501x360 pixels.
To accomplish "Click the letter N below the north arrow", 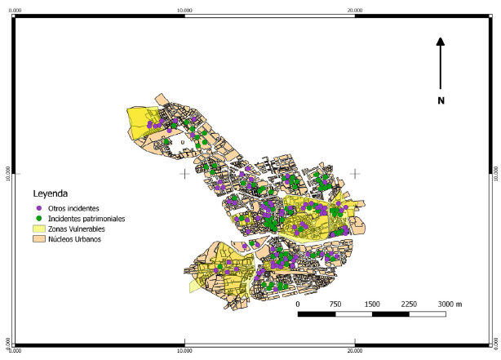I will click(441, 100).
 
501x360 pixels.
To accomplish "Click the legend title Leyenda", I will click(51, 194).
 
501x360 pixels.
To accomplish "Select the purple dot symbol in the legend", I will click(39, 209).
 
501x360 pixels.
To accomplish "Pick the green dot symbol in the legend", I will click(39, 220).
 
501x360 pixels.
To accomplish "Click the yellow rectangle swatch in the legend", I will click(38, 229).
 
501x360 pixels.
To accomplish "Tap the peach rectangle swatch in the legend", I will click(38, 240).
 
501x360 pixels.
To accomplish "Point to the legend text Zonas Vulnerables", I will click(78, 229).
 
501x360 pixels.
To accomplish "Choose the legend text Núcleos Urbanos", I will click(74, 240).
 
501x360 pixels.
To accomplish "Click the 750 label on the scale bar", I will click(335, 304).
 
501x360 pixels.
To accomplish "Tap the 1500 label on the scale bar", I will click(372, 304).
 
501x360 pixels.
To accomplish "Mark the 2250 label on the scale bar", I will click(409, 304).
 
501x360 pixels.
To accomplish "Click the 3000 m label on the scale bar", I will click(450, 304).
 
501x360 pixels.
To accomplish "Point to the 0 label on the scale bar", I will click(299, 304).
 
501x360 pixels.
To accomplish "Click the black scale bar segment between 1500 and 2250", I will click(390, 313).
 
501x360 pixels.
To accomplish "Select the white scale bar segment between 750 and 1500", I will click(353, 313).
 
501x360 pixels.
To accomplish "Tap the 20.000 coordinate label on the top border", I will click(355, 10).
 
